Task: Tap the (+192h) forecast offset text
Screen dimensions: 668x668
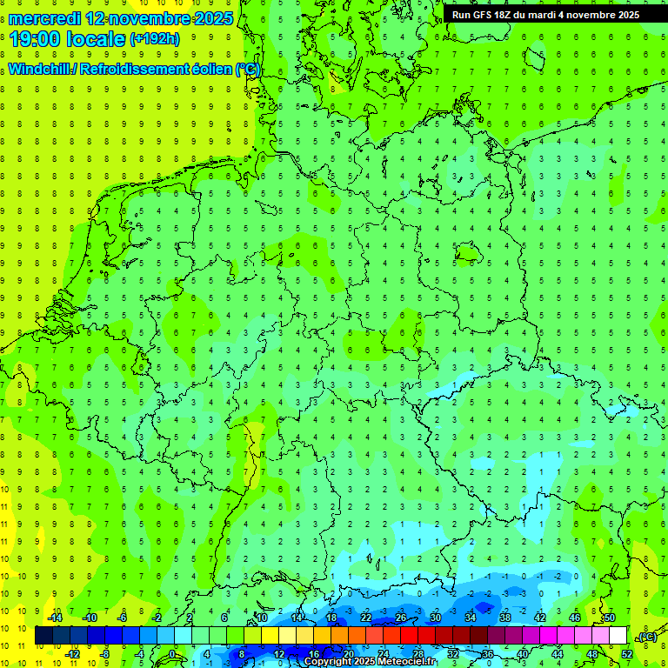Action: point(154,39)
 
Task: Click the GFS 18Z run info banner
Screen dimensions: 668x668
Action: point(545,15)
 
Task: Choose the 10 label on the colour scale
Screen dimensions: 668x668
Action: point(261,618)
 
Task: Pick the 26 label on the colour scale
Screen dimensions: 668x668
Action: point(401,618)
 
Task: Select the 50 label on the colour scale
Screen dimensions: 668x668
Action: point(609,618)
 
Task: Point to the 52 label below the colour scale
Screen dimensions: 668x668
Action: point(626,654)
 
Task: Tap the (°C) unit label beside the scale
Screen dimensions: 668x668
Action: point(647,638)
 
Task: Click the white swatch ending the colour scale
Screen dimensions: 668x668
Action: point(618,636)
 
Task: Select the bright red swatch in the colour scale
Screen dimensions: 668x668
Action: point(410,636)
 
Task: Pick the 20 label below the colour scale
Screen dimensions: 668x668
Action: point(349,654)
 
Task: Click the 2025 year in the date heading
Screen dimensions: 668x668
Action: point(212,18)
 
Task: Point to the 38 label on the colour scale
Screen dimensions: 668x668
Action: point(505,618)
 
